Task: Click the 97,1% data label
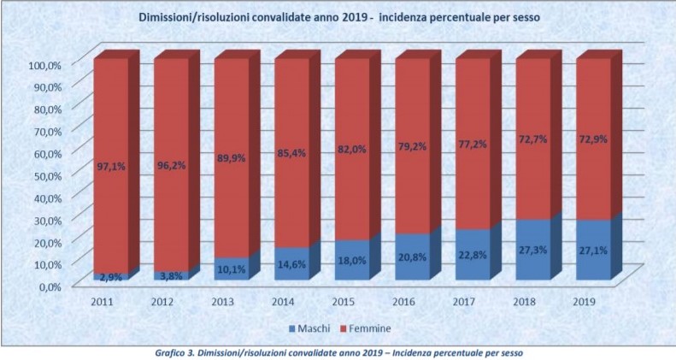(x=111, y=166)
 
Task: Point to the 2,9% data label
(x=112, y=278)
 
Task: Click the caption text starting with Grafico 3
(x=338, y=351)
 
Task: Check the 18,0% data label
(x=353, y=260)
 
